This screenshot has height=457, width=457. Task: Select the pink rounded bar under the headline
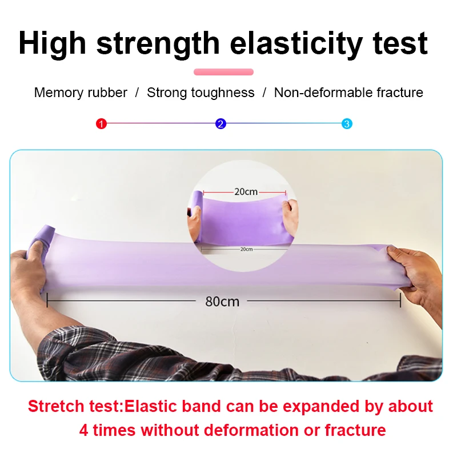[223, 72]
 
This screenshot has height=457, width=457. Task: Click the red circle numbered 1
[102, 123]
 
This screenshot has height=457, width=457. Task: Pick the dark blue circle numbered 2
[221, 123]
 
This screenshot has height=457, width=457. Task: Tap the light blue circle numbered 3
[347, 123]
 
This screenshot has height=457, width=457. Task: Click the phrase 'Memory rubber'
[81, 93]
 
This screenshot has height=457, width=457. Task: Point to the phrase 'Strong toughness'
[201, 93]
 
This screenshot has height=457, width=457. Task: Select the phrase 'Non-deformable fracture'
[348, 93]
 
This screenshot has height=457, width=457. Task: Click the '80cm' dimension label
[222, 301]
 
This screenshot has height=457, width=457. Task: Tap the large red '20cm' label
[246, 192]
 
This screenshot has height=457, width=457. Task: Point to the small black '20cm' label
[246, 249]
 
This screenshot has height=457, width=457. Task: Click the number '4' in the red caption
[84, 430]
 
